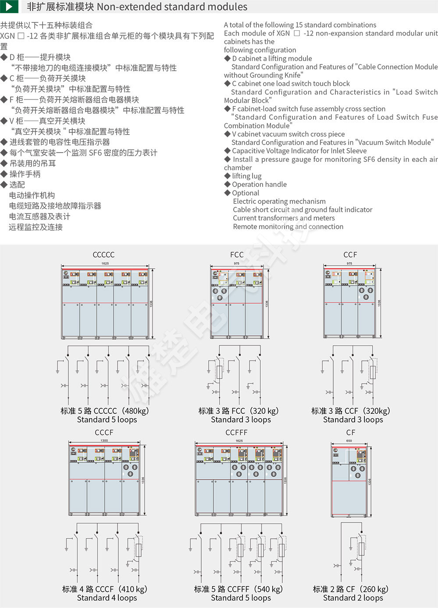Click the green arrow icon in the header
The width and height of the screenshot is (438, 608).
point(9,7)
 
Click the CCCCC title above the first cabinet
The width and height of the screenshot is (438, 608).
point(103,255)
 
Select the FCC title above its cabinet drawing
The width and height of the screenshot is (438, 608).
point(237,255)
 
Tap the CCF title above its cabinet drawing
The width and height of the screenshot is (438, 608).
point(350,255)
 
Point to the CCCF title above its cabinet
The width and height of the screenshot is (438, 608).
point(104,432)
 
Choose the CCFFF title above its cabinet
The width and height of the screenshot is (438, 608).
point(236,432)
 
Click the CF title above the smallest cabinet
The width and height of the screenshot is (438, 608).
point(350,432)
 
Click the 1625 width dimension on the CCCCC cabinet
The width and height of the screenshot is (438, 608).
point(105,263)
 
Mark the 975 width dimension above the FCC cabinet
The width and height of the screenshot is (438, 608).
point(237,263)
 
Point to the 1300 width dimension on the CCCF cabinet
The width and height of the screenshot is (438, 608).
point(104,441)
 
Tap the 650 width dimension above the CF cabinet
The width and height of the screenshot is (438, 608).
point(349,441)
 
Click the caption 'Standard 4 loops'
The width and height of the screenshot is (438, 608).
point(107,598)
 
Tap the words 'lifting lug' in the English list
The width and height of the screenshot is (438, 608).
point(246,176)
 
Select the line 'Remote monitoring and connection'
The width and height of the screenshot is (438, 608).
point(288,227)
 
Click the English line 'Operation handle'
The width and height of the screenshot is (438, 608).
point(259,185)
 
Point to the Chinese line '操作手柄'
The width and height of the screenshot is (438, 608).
point(25,174)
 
